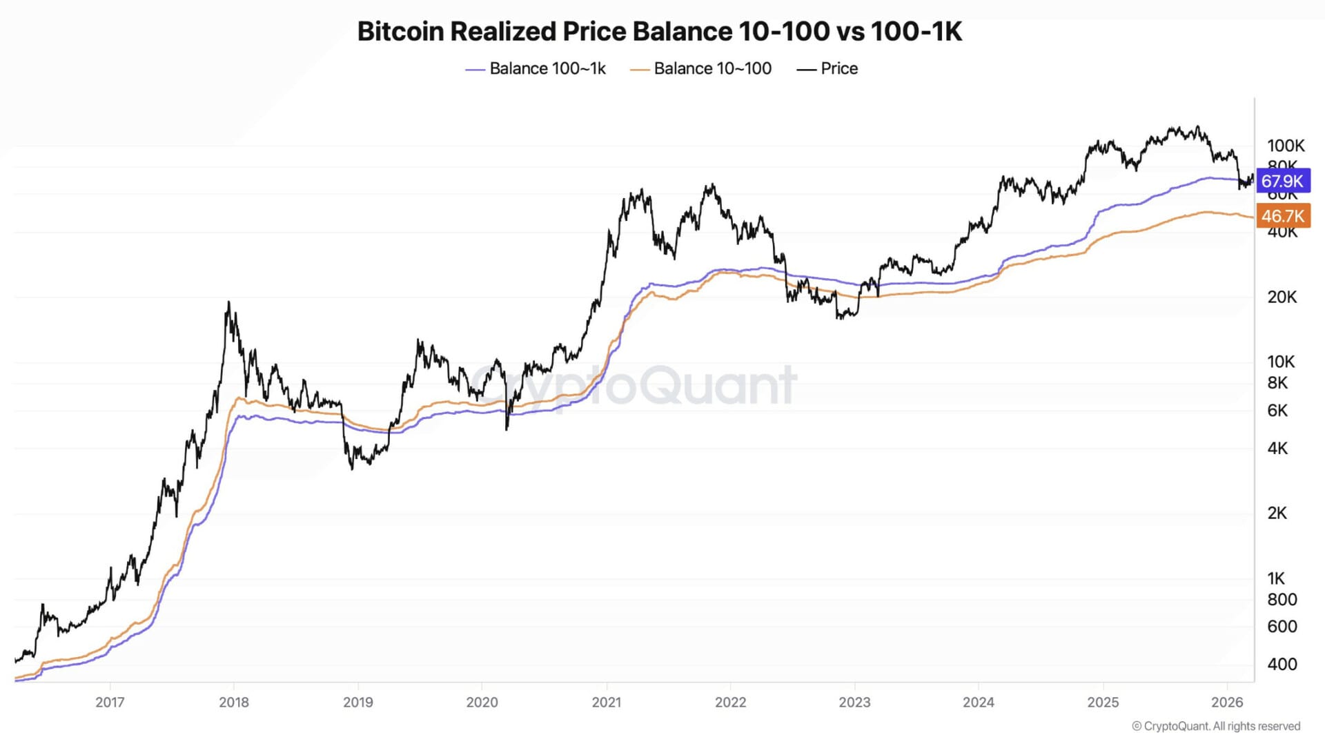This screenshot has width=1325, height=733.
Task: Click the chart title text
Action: click(659, 32)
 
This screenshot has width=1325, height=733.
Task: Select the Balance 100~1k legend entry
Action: click(536, 69)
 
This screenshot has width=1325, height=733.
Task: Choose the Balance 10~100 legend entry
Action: click(701, 69)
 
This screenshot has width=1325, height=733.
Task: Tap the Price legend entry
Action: click(827, 69)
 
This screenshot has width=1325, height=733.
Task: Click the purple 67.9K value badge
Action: click(1282, 182)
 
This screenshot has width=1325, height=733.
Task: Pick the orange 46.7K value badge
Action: click(1282, 216)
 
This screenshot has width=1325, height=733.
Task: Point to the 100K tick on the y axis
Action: click(1285, 146)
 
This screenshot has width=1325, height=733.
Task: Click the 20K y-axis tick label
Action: click(1282, 297)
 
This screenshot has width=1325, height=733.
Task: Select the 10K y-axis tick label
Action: click(1281, 362)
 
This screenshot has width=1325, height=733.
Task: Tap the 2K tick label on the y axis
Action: click(1277, 514)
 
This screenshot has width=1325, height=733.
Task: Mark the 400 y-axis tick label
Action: click(1282, 665)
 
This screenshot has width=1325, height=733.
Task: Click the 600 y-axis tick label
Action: click(1282, 627)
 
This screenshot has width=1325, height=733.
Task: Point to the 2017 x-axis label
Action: click(110, 703)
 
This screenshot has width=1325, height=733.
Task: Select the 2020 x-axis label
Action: click(482, 703)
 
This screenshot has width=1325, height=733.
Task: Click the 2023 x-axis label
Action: click(854, 703)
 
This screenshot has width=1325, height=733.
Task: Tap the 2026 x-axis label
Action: click(1227, 703)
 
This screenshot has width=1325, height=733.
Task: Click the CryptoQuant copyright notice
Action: click(1216, 726)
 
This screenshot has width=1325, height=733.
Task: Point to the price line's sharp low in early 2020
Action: click(507, 429)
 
